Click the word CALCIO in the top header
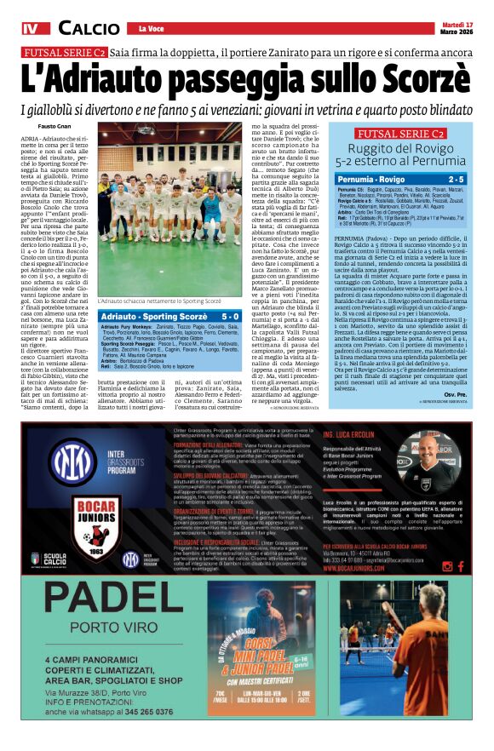pyautogui.click(x=89, y=28)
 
